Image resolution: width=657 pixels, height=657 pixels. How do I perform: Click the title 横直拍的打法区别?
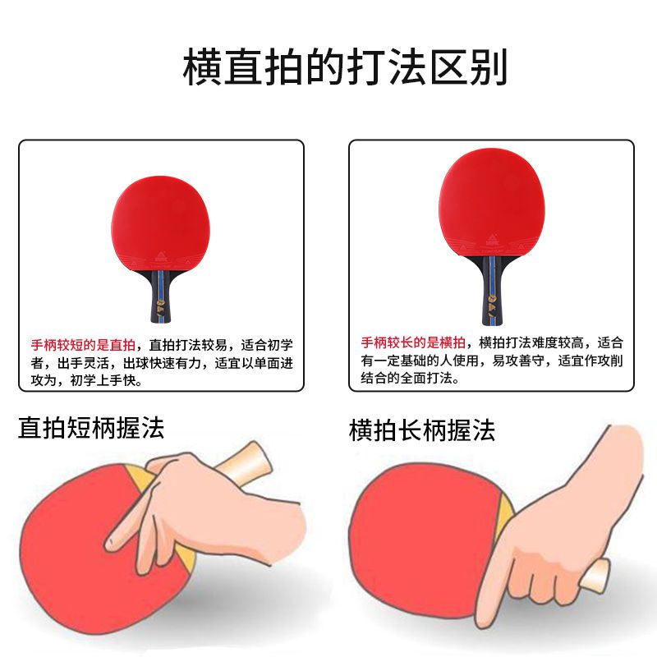click(x=345, y=67)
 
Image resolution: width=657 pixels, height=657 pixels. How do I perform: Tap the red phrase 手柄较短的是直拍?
click(x=83, y=345)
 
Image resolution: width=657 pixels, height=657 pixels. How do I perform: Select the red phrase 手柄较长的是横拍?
click(x=413, y=342)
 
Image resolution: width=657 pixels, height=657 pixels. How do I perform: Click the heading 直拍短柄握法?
click(x=91, y=428)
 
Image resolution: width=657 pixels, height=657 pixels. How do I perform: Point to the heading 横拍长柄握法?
click(x=421, y=430)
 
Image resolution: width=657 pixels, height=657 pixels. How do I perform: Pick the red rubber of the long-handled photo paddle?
click(x=492, y=202)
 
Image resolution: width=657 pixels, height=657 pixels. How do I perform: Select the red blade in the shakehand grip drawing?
click(x=423, y=544)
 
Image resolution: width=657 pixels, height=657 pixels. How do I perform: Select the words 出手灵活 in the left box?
click(x=83, y=363)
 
